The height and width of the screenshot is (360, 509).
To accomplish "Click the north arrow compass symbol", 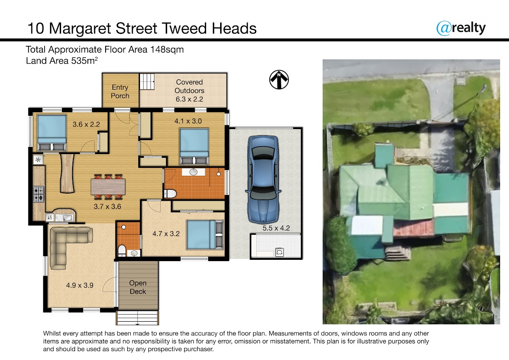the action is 279,79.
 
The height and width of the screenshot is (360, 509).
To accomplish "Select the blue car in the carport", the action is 263,180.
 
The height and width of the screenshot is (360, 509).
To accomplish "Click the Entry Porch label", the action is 120,91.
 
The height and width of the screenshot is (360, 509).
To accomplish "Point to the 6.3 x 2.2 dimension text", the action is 189,99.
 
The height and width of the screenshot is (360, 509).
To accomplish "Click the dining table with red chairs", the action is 108,187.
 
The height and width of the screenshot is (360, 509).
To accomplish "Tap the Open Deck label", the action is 138,287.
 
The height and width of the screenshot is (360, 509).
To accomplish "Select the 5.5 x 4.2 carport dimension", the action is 276,228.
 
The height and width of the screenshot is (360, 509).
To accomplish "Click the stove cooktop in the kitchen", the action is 39,194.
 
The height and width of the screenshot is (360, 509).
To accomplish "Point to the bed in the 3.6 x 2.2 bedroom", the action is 52,133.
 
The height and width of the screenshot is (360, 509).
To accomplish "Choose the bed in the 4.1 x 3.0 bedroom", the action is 194,146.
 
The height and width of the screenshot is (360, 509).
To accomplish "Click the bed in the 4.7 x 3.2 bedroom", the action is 205,234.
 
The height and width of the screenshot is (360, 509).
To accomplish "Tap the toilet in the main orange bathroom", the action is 170,194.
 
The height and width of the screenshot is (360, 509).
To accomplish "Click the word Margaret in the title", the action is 80,29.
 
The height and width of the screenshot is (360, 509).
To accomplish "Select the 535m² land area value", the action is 84,60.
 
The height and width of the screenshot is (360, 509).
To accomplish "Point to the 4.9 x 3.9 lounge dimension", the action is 80,285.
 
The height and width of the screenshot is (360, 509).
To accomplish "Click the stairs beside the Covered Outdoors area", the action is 147,82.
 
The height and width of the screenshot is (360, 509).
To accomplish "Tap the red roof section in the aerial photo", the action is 414,228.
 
